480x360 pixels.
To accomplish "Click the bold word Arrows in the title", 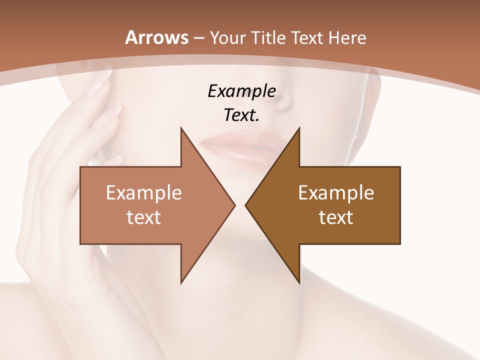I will (157, 37).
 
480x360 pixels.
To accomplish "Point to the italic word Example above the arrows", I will (241, 91).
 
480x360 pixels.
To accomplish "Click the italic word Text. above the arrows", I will (241, 115).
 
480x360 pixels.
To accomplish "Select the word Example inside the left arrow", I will (143, 192).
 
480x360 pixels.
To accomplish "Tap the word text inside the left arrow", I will (143, 217).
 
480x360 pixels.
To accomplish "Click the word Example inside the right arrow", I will (336, 192).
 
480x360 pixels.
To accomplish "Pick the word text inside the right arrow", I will (336, 217).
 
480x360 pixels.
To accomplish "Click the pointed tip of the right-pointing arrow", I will (234, 205).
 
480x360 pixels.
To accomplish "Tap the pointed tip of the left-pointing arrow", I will (245, 205).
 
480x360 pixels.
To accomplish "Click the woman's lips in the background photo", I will (239, 146).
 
